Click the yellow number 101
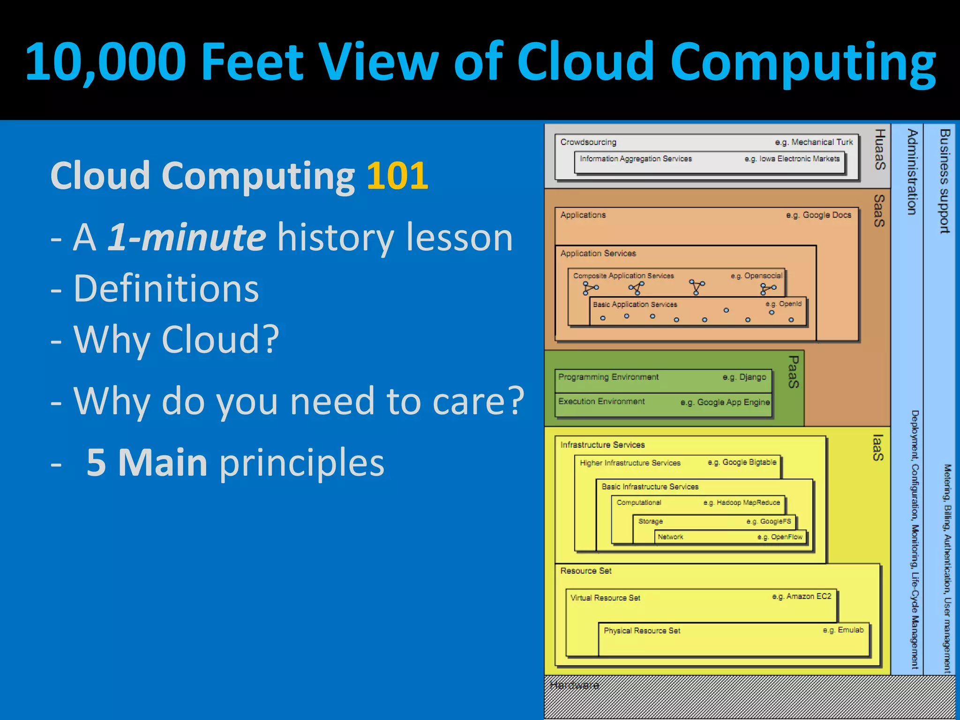point(397,176)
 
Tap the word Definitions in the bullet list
point(166,289)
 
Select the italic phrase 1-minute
point(187,237)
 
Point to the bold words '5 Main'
point(147,463)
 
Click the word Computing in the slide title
point(802,62)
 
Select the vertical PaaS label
point(793,372)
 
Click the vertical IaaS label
point(878,448)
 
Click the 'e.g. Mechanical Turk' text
point(814,142)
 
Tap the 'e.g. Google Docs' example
point(818,215)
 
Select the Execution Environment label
point(601,402)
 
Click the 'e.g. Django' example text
point(744,377)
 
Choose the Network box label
point(670,537)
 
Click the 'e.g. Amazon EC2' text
point(802,596)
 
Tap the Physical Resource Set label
point(642,631)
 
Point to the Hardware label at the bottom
point(574,685)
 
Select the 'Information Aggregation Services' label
point(636,159)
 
